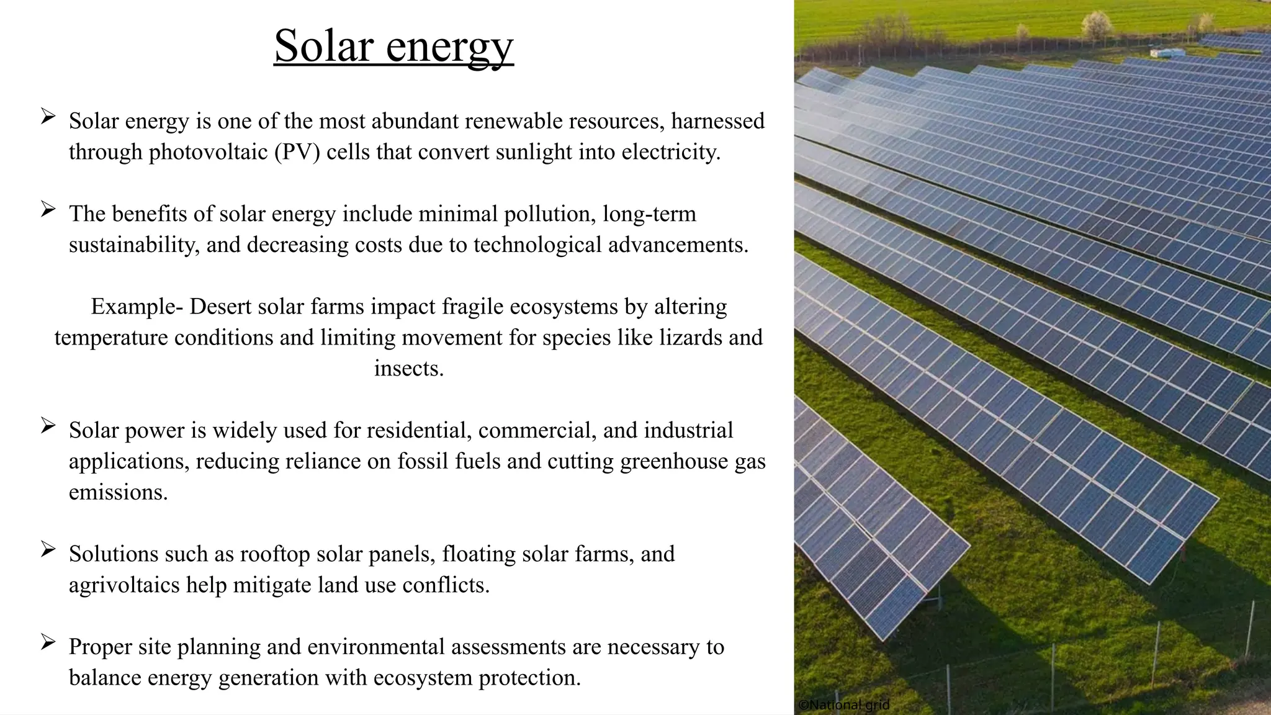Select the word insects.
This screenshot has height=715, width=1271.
408,369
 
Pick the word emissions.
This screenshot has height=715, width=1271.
118,492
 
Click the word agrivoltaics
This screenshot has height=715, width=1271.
124,585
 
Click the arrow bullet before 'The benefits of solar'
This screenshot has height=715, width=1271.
48,209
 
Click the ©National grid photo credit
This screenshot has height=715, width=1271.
843,705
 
